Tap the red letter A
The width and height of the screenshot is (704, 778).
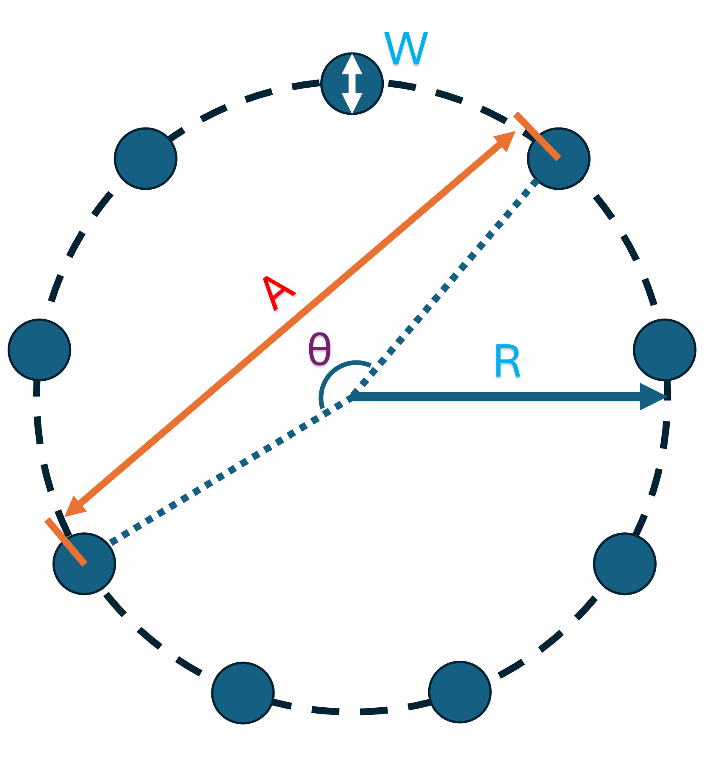pos(278,293)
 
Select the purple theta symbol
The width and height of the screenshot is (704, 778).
pos(319,349)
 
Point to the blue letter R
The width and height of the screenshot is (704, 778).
pos(507,361)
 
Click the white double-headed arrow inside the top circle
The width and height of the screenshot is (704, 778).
pos(352,83)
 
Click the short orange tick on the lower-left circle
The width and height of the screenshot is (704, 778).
pos(66,542)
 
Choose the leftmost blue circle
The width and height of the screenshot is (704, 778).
pos(39,350)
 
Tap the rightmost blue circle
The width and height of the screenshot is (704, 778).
pos(665,350)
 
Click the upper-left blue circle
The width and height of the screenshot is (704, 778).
pos(146,158)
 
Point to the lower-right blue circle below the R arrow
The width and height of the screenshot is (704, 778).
pos(625,564)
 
